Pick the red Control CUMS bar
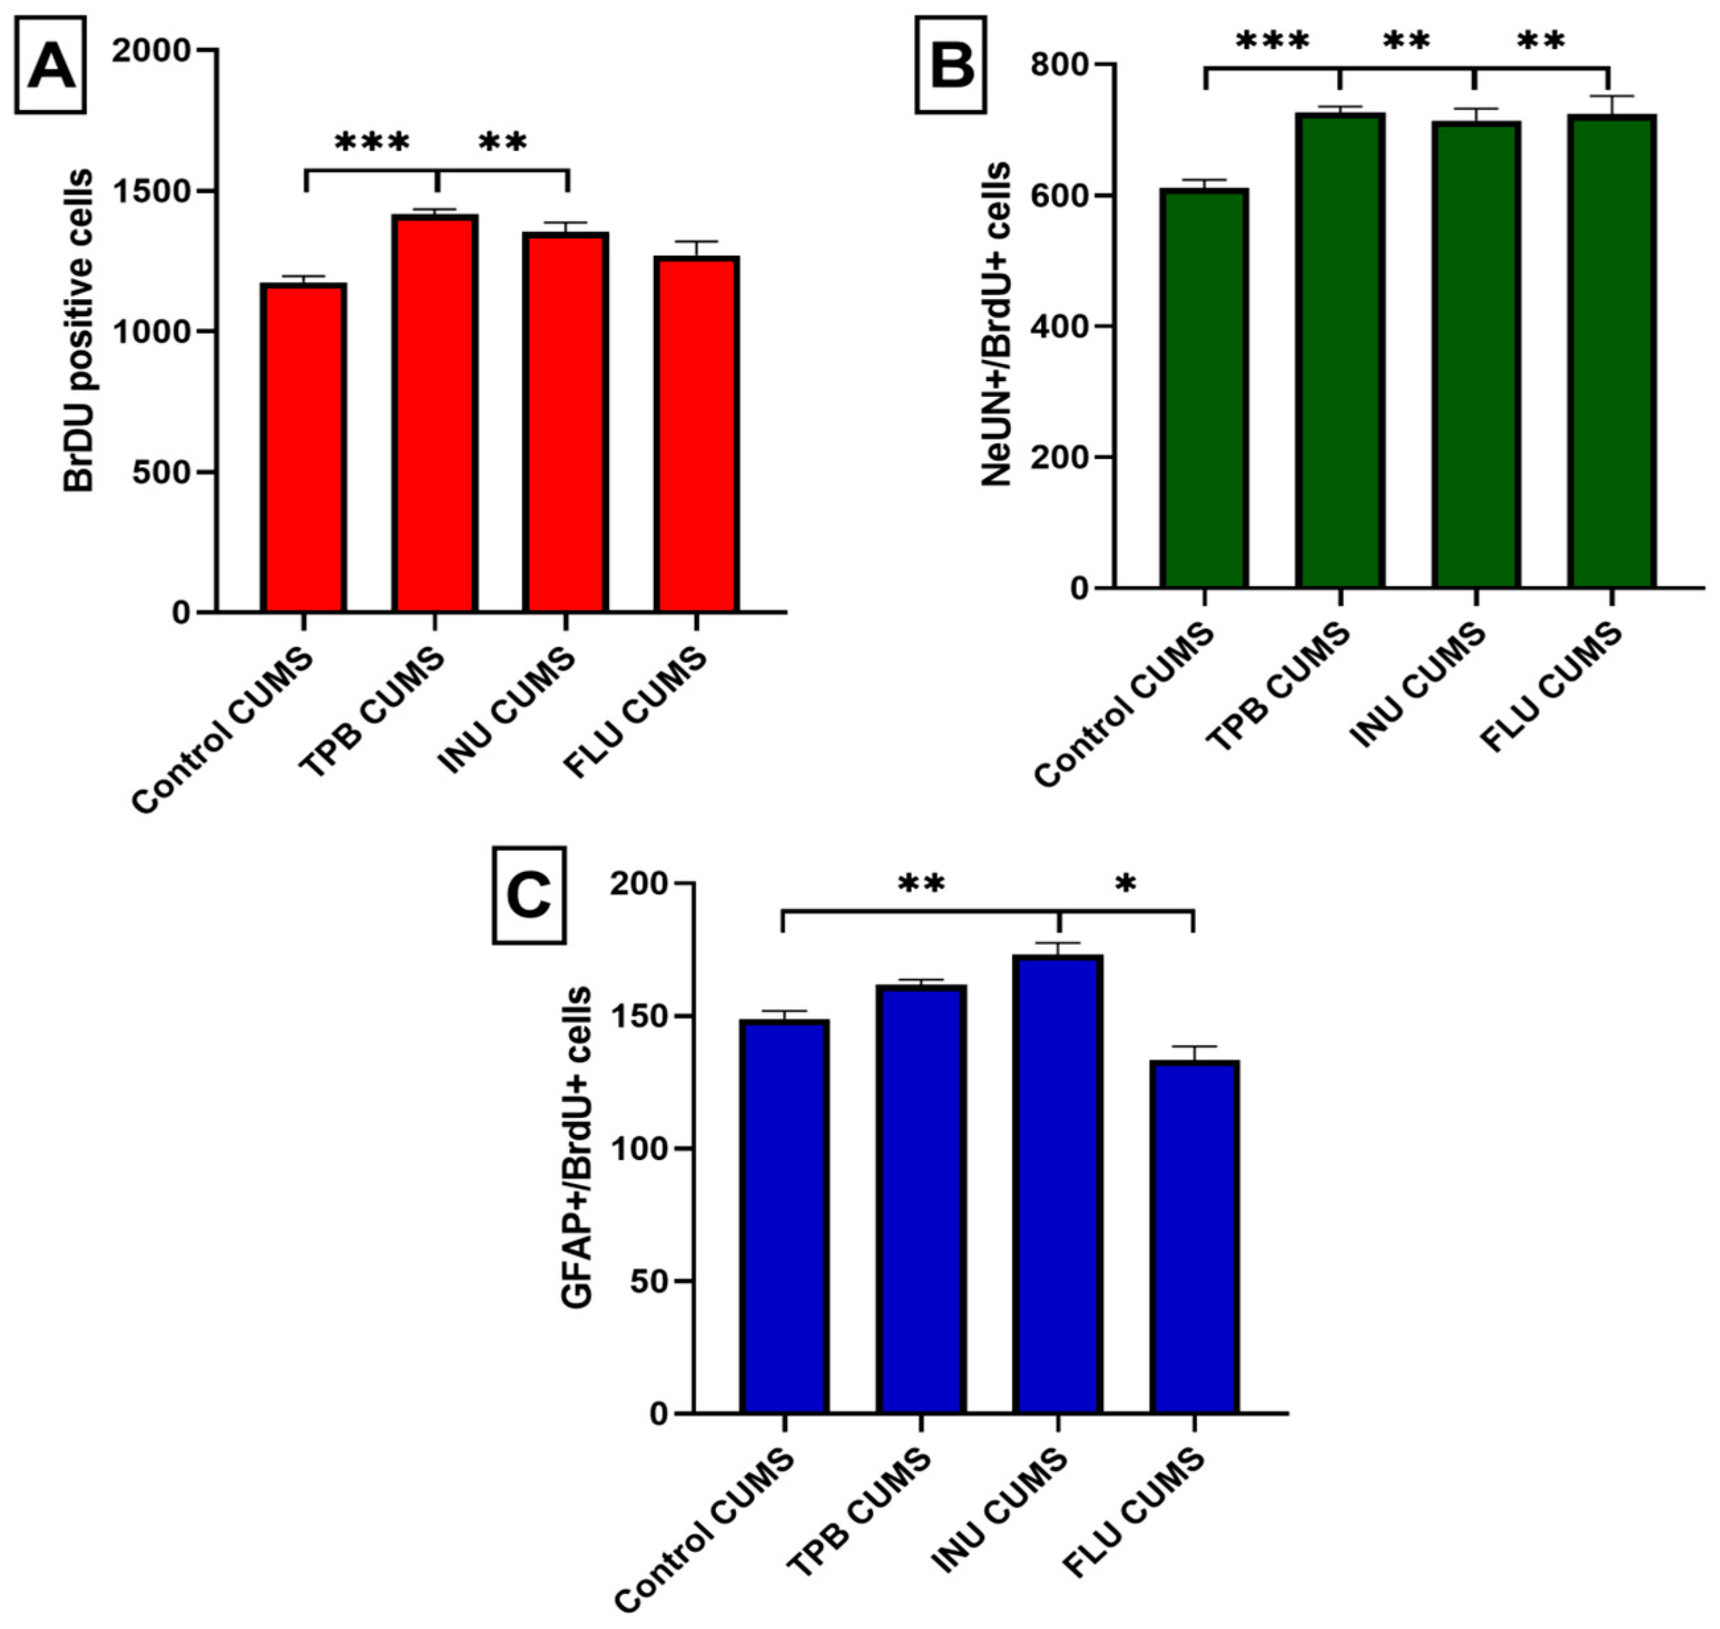pos(303,447)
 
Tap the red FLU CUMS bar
pos(696,434)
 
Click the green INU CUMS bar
pos(1476,355)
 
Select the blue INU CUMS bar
pos(1057,1184)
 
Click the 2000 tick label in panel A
pos(152,50)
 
